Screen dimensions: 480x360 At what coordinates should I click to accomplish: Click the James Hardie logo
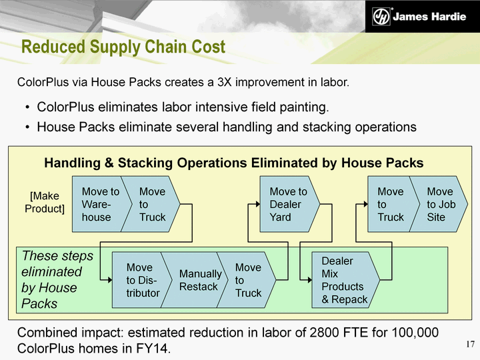(x=419, y=16)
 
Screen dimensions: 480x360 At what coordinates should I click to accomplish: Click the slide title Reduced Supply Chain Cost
(x=123, y=47)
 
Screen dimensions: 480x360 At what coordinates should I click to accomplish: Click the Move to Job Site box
(x=440, y=204)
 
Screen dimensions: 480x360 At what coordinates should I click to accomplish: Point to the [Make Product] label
(x=45, y=202)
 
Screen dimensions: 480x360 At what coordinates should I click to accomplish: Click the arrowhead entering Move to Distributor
(x=109, y=280)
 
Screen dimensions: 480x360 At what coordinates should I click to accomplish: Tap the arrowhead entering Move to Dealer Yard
(x=258, y=204)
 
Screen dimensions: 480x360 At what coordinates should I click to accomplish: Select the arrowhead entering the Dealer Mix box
(x=309, y=280)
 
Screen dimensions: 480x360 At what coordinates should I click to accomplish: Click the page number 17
(x=471, y=344)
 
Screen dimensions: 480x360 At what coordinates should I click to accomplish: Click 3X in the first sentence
(x=224, y=82)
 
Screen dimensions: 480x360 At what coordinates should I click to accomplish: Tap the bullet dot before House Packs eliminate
(x=28, y=127)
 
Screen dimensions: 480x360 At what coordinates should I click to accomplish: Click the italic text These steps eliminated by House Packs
(x=57, y=279)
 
